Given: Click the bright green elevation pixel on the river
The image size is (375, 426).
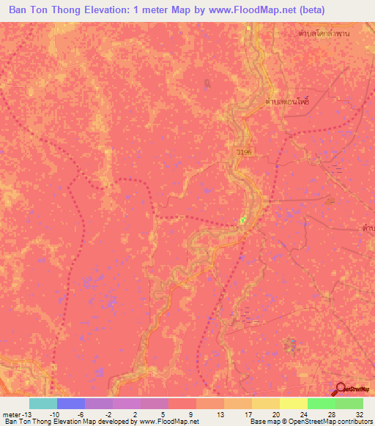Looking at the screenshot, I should (243, 220).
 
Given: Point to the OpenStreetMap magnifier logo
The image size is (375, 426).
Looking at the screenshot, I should (341, 389).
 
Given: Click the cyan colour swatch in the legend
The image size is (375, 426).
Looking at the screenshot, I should (43, 403).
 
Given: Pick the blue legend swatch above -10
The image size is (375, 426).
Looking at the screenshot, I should (71, 403).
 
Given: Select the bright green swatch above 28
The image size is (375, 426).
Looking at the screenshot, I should (322, 403).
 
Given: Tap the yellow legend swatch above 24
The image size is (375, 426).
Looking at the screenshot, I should (294, 403).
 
